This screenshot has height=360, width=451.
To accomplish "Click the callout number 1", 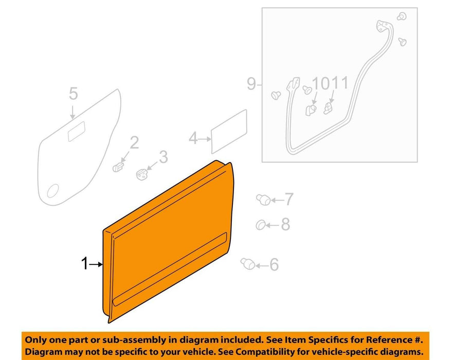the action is point(84,263).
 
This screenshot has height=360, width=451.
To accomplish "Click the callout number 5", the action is point(74,94).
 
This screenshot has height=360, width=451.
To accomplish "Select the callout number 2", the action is point(134,142).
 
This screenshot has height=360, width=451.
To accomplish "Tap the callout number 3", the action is point(164,157).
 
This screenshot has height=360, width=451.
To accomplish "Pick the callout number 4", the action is point(193,138).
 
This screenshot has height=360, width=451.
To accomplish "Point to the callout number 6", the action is point(274,264).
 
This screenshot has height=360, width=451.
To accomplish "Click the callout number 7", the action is point(289,199).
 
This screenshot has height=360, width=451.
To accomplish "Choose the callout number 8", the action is point(285,224).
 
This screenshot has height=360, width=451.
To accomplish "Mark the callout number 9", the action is point(251,84).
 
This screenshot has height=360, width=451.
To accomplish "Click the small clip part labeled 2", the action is point(118,167).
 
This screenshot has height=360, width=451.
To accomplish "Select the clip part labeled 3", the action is point(142,174).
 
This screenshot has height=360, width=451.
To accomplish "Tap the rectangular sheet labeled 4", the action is point(229,132).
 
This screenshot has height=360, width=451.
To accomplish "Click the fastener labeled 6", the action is point(248,264).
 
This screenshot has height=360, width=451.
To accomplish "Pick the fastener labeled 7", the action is point(263,199).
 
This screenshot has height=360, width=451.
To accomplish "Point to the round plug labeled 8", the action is point(261,225).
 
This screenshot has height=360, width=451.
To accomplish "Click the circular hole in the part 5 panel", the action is point(53,191).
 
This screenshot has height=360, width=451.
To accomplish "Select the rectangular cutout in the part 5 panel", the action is point(77,132).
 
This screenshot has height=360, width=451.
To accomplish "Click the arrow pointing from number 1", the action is point(96,264).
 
